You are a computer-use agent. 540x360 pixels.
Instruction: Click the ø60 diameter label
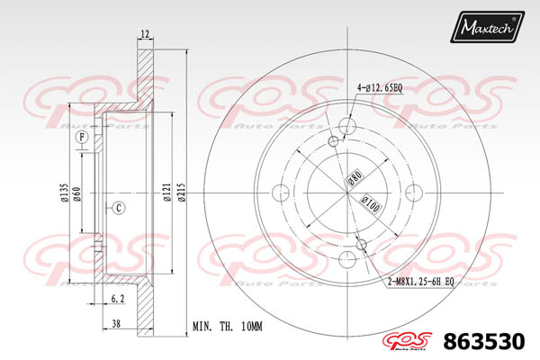80,193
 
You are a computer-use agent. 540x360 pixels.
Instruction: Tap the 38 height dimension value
117,323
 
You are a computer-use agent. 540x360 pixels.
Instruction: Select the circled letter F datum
82,138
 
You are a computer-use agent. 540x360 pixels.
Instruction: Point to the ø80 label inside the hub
353,178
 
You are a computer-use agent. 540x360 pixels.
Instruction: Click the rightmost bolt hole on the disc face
415,191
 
